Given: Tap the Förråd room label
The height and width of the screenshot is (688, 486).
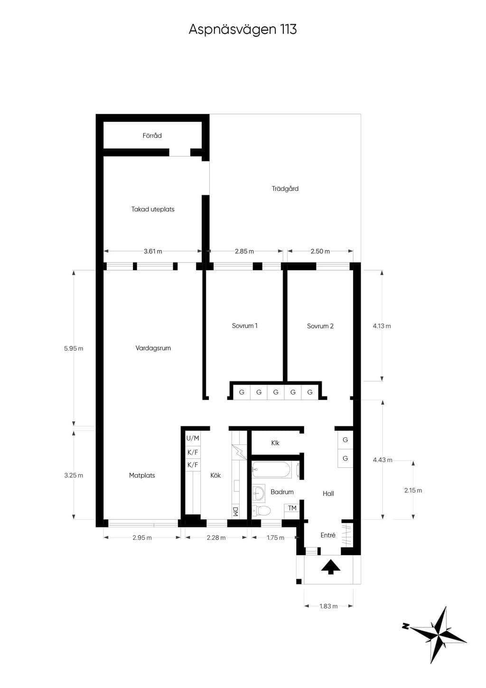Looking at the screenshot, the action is click(152, 135).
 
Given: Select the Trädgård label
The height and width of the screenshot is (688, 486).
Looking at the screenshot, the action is click(285, 188).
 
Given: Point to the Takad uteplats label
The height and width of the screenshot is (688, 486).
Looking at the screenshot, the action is click(153, 209).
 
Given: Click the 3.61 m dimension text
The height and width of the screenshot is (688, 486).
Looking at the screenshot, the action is click(153, 251).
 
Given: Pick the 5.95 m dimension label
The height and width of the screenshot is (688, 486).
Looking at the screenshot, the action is click(74, 349).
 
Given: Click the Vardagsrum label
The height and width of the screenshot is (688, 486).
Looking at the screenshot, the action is click(153, 348).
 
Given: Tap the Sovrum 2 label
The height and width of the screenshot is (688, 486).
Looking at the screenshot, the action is click(320, 326).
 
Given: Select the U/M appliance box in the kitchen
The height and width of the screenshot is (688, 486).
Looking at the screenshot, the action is click(193, 438).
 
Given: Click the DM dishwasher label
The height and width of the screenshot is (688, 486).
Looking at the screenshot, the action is click(235, 511).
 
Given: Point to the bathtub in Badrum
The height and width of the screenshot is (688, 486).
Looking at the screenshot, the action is click(271, 470).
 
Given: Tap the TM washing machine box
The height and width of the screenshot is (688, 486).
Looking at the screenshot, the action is click(292, 508).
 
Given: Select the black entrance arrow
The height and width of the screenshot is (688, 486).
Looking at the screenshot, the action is click(331, 566).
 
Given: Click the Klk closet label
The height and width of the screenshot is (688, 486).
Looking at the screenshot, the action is click(275, 443).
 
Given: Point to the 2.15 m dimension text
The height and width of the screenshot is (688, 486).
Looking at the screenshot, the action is click(413, 490).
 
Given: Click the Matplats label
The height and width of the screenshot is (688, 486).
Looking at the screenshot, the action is click(142, 475).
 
